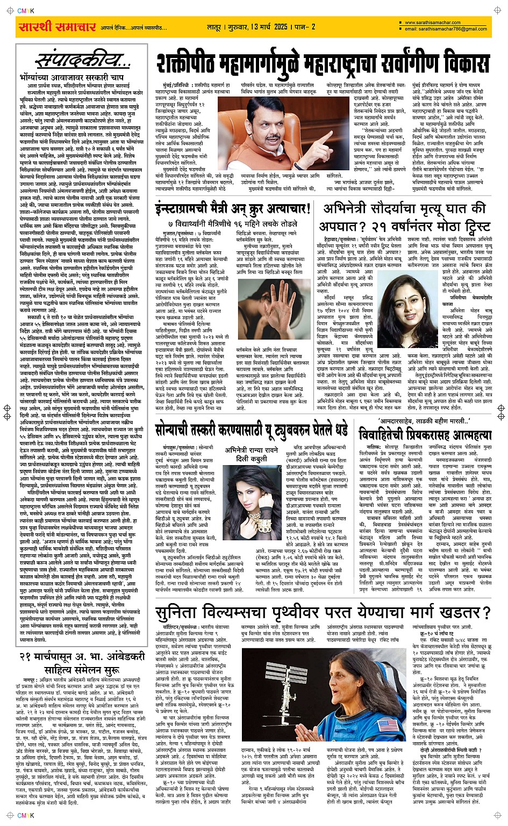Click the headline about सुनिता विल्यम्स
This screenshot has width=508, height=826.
[323, 613]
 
